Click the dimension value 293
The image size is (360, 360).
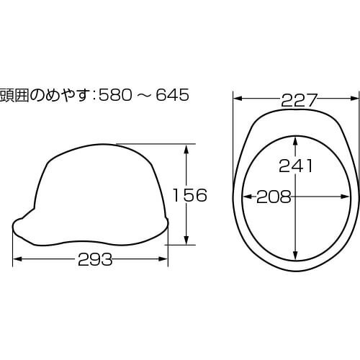click(95, 259)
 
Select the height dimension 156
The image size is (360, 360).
click(190, 195)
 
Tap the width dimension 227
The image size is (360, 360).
click(299, 100)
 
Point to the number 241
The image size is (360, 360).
click(296, 166)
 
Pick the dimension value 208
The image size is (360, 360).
click(274, 197)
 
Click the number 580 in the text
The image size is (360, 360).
click(115, 95)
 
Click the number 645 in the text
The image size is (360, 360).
click(172, 95)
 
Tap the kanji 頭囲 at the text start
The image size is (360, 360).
click(14, 95)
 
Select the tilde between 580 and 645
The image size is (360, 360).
click(144, 95)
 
